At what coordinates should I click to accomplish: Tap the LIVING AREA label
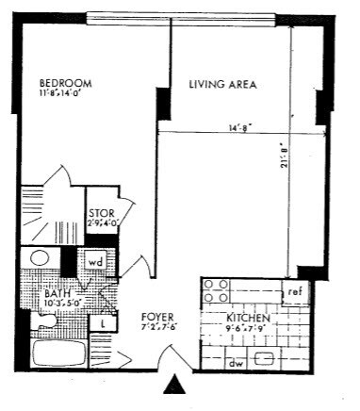223,85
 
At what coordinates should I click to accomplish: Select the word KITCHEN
250,320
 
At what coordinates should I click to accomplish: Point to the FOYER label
156,317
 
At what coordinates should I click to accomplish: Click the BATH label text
57,294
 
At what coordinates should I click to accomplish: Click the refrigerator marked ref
294,291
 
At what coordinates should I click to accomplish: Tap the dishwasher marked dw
237,360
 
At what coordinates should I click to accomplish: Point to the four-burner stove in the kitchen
214,290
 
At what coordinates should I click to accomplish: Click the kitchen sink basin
267,359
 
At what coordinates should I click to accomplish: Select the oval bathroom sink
40,258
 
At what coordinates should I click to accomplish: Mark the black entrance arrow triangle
173,385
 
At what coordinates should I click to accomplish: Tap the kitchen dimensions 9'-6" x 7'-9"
250,330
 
